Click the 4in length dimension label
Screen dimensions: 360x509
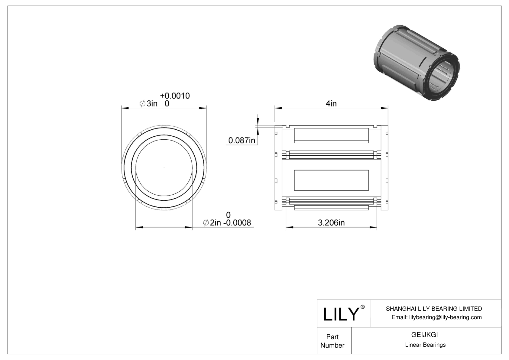(x=331, y=104)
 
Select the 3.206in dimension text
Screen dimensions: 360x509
(x=331, y=223)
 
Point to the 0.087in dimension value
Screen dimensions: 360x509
(x=242, y=140)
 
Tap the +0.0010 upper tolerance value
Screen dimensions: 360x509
(x=175, y=96)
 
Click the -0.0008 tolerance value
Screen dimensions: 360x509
(x=237, y=223)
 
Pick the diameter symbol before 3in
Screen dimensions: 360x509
(x=142, y=104)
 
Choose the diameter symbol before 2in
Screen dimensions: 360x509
(x=206, y=223)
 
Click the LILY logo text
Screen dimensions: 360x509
(x=341, y=314)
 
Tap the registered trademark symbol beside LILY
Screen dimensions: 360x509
(x=363, y=307)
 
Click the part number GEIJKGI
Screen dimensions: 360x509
(x=425, y=335)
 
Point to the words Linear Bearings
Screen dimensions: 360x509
(x=425, y=345)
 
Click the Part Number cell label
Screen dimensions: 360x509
(x=332, y=341)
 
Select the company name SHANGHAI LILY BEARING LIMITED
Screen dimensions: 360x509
(x=434, y=309)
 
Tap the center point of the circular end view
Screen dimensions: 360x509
(x=164, y=168)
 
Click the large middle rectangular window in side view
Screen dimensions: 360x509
(x=331, y=180)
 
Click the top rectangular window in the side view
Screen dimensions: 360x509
(x=331, y=135)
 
